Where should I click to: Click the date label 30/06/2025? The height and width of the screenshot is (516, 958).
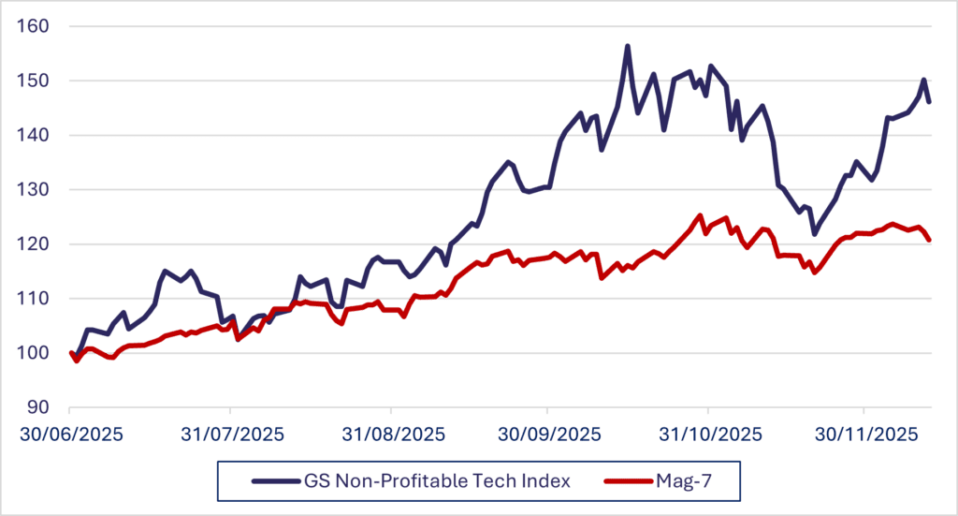click(x=71, y=435)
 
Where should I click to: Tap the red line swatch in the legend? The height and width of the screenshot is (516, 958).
click(x=629, y=481)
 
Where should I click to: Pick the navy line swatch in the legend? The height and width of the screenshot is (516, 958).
click(x=274, y=481)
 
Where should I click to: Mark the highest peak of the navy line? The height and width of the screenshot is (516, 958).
click(x=627, y=45)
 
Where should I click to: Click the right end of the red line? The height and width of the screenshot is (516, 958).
click(x=929, y=240)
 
